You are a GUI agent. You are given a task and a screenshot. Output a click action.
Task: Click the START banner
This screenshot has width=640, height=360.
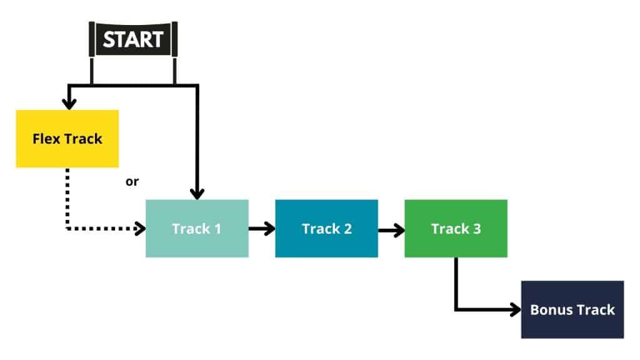132,39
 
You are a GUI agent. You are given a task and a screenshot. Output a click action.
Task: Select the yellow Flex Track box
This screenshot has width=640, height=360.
67,138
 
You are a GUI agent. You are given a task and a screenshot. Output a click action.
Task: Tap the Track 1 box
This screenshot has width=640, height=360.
197,228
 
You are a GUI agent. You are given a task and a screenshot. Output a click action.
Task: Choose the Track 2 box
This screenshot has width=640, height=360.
326,228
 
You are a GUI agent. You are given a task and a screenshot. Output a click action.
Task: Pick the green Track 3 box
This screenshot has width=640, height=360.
456,228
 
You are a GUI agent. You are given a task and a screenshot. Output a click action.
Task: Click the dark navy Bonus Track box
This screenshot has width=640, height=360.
572,309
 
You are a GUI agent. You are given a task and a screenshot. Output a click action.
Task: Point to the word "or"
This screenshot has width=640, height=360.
132,182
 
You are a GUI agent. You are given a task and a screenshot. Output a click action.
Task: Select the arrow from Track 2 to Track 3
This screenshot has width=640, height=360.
391,229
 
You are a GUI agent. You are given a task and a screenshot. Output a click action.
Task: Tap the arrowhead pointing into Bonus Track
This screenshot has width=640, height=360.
515,309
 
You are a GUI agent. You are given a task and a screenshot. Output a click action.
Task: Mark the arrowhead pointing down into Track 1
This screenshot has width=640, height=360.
197,192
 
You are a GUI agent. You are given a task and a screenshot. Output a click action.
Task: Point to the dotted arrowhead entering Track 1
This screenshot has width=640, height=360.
139,229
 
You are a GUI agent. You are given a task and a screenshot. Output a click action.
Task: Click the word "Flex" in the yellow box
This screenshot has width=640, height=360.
46,138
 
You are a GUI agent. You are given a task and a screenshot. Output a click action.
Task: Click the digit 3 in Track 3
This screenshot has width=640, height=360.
477,228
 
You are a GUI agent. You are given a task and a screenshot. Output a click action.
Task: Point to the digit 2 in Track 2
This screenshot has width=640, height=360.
347,228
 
